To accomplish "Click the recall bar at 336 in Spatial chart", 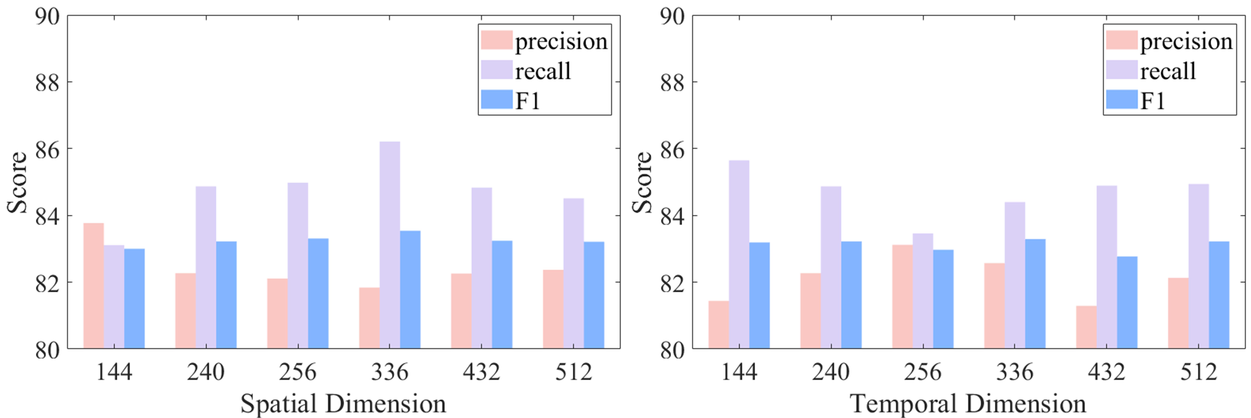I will [390, 245].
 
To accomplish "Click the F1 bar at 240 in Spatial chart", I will [226, 295].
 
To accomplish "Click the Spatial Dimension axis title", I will [343, 403].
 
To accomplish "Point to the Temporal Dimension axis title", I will [968, 403].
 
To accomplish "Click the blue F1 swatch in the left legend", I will [496, 100].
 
